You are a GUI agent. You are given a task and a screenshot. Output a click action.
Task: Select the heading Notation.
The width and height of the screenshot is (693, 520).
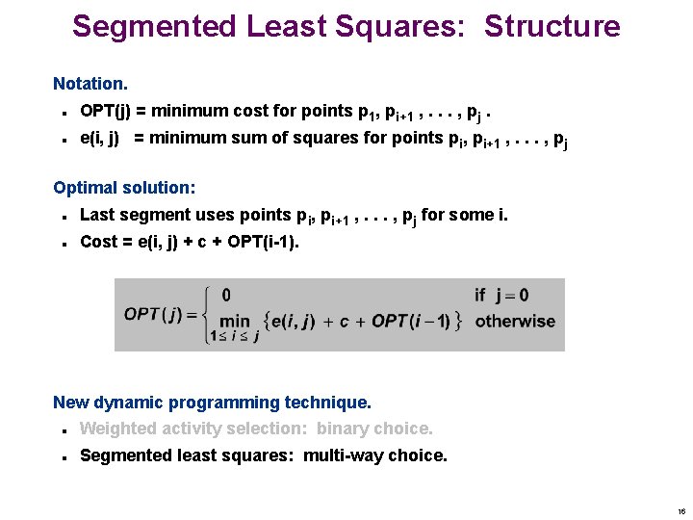click(x=90, y=85)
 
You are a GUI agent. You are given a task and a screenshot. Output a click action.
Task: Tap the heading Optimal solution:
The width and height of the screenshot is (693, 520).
click(x=124, y=188)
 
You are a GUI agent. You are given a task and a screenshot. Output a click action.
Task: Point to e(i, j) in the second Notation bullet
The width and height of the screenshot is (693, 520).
click(x=100, y=138)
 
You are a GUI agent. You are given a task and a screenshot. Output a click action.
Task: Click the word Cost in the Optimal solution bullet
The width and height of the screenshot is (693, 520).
click(x=98, y=242)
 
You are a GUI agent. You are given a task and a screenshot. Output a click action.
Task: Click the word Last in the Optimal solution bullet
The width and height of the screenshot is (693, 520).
click(x=97, y=215)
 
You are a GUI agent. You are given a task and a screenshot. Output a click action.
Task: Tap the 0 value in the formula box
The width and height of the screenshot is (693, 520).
click(x=226, y=295)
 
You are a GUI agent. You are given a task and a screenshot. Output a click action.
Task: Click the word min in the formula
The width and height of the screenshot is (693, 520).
click(x=234, y=321)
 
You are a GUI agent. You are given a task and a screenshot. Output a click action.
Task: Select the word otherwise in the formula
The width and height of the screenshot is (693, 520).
click(x=515, y=321)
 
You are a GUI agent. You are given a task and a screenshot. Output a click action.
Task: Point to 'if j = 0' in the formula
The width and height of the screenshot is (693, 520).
click(x=501, y=295)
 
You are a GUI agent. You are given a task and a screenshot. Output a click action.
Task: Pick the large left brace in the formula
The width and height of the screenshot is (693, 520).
click(x=210, y=314)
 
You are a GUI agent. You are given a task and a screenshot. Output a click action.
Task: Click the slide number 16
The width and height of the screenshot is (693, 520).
click(x=680, y=511)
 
